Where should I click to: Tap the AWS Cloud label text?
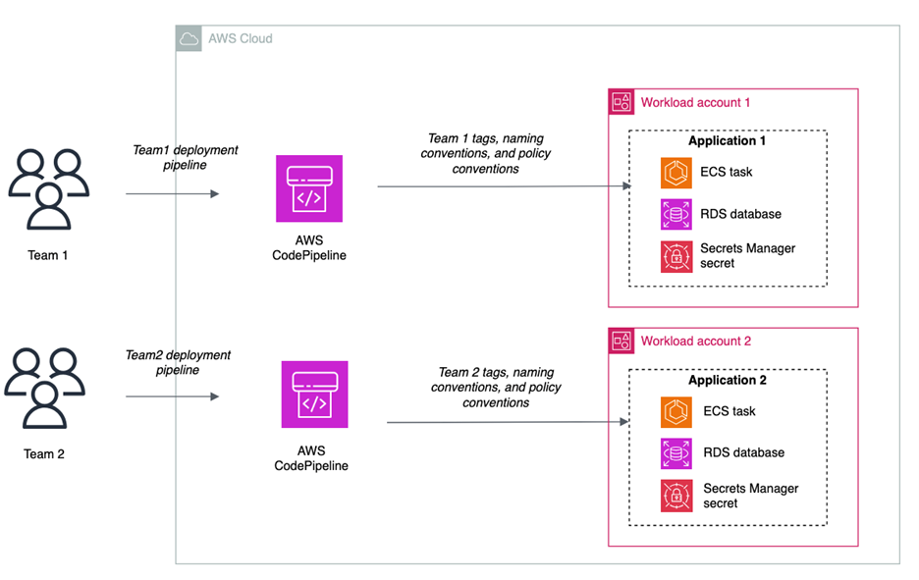coord(240,38)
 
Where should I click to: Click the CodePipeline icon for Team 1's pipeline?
coord(309,188)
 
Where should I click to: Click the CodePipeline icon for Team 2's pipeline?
coord(314,395)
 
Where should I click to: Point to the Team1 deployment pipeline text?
coord(186,158)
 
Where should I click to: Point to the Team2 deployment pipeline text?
coord(178,362)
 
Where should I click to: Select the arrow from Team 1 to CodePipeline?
coord(172,193)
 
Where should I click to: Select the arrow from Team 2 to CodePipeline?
coord(172,396)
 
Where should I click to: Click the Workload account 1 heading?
coord(695,102)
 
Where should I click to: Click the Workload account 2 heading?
coord(695,342)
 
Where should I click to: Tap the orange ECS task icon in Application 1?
coord(676,172)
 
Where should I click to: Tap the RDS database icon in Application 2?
coord(676,453)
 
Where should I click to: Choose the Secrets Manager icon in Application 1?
coord(676,256)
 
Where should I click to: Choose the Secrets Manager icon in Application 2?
coord(676,496)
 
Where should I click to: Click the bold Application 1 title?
coord(727,141)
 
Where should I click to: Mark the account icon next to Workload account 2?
coord(622,342)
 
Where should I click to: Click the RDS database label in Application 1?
coord(741,214)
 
